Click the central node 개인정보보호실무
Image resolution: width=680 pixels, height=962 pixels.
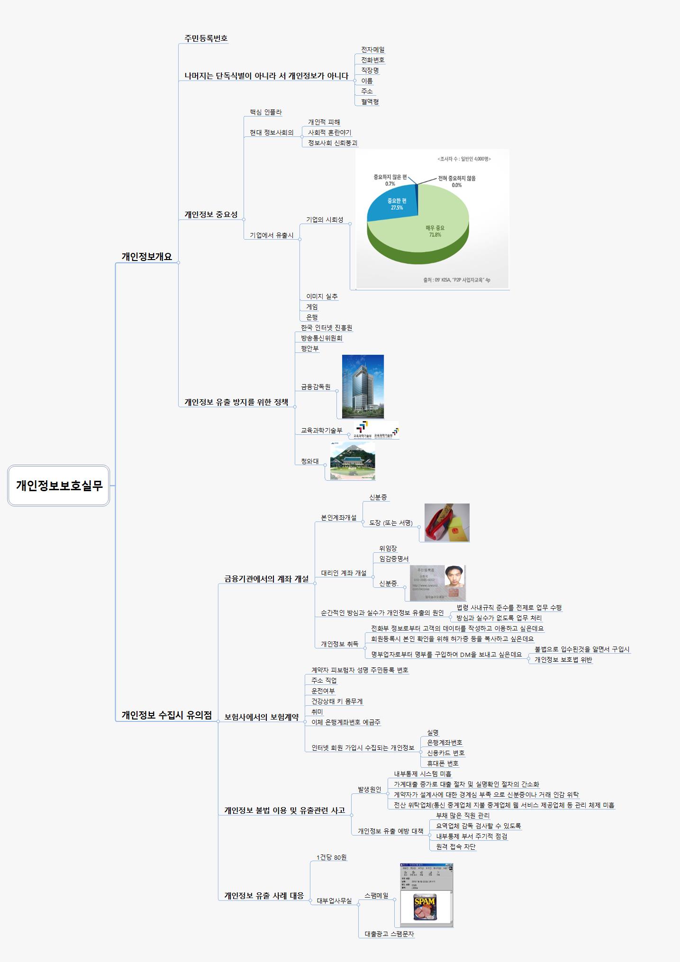pyautogui.click(x=59, y=485)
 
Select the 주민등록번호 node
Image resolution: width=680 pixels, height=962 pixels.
pyautogui.click(x=206, y=38)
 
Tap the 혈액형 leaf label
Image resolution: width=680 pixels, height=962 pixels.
pyautogui.click(x=370, y=101)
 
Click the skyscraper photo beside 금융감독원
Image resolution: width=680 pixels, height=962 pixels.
pyautogui.click(x=363, y=386)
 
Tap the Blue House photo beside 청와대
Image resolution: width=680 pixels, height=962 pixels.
pyautogui.click(x=353, y=461)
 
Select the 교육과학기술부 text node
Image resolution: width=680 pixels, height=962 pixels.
pyautogui.click(x=321, y=431)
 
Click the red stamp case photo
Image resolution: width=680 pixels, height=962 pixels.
pyautogui.click(x=446, y=522)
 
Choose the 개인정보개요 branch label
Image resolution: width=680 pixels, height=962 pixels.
pyautogui.click(x=146, y=256)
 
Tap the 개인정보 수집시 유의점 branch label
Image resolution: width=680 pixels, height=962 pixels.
pyautogui.click(x=166, y=715)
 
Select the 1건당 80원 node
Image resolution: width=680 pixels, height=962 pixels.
pyautogui.click(x=331, y=857)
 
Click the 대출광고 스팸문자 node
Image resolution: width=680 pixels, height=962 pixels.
pyautogui.click(x=389, y=934)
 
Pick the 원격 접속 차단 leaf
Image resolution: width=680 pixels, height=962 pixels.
pyautogui.click(x=455, y=846)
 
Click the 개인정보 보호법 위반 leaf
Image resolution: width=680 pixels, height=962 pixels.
pyautogui.click(x=563, y=659)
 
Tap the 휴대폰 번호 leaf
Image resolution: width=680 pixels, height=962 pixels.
pyautogui.click(x=443, y=763)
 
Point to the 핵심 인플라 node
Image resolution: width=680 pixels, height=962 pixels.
pyautogui.click(x=265, y=112)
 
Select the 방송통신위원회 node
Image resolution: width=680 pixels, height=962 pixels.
pyautogui.click(x=321, y=338)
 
